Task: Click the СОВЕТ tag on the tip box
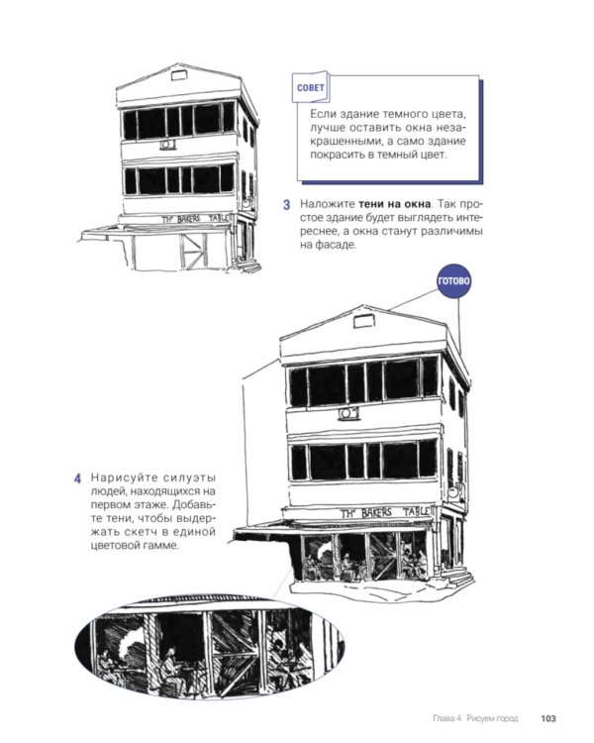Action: [310, 87]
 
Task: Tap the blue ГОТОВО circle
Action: [453, 281]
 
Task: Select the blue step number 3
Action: [286, 205]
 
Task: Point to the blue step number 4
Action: [77, 478]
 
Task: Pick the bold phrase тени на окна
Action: [395, 204]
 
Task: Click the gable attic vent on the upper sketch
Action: [178, 75]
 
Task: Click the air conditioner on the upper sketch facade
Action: [167, 145]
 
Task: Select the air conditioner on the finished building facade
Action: [348, 414]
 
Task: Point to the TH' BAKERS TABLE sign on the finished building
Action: [386, 513]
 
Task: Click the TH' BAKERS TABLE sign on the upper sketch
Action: [196, 219]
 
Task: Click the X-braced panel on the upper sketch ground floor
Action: [192, 251]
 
